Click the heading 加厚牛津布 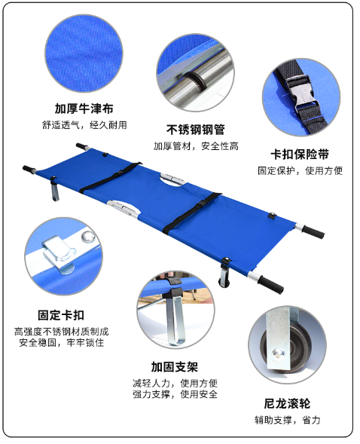pyautogui.click(x=84, y=109)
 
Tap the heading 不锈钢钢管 pyautogui.click(x=195, y=130)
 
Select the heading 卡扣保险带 pyautogui.click(x=300, y=155)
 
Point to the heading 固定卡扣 pyautogui.click(x=61, y=315)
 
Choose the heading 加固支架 pyautogui.click(x=174, y=367)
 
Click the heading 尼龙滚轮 pyautogui.click(x=287, y=403)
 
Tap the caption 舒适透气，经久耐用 pyautogui.click(x=84, y=125)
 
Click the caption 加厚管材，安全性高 pyautogui.click(x=196, y=146)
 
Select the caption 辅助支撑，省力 pyautogui.click(x=287, y=420)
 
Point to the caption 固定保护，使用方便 pyautogui.click(x=300, y=171)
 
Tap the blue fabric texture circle pyautogui.click(x=84, y=54)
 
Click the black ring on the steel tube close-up pyautogui.click(x=195, y=81)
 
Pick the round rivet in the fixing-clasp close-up pyautogui.click(x=88, y=237)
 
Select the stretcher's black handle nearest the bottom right pyautogui.click(x=270, y=284)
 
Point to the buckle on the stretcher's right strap pyautogui.click(x=202, y=204)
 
